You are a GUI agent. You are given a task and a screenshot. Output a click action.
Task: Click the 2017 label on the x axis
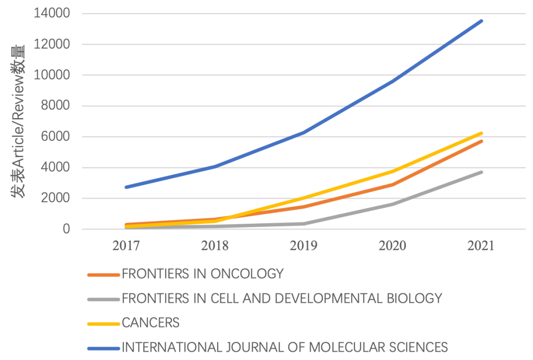[x=126, y=246]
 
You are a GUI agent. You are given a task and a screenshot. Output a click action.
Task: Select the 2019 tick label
[x=304, y=246]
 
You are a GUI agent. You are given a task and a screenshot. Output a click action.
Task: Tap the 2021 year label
[x=481, y=246]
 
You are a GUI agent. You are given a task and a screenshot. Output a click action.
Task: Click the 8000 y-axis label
[x=56, y=106]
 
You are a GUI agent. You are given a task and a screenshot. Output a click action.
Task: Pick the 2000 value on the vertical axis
[x=56, y=199]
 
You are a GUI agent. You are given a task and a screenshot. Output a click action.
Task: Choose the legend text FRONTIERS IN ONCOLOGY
[x=203, y=274]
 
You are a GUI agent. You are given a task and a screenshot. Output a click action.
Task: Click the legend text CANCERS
[x=151, y=323]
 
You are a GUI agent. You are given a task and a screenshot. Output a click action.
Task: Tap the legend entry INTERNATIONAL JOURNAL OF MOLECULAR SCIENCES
[x=285, y=347]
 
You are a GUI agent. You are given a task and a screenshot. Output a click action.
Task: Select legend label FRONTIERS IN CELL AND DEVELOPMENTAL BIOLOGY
[x=282, y=298]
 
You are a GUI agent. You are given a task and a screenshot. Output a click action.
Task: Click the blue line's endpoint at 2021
[x=482, y=21]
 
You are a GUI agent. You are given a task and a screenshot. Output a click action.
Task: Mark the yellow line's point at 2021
[x=482, y=133]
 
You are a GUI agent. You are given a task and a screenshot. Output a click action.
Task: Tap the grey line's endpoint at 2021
[x=482, y=172]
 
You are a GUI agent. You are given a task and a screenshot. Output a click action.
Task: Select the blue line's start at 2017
[x=126, y=187]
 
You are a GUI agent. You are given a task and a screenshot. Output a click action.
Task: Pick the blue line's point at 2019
[x=304, y=132]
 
